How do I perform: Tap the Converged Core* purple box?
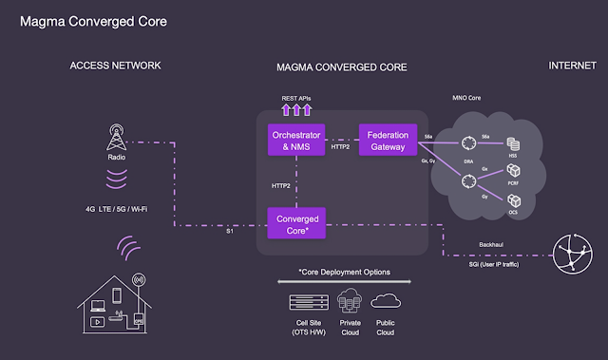click(296, 224)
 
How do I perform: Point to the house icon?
click(112, 303)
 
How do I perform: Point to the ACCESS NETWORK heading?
click(114, 66)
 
